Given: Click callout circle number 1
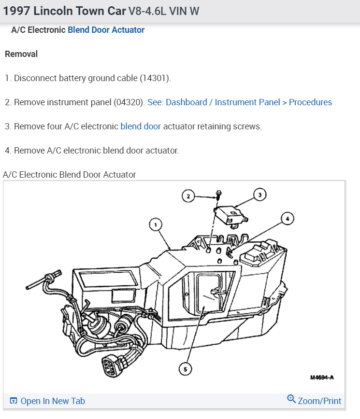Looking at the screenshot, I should coord(155,224).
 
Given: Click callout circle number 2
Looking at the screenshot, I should coord(188,196).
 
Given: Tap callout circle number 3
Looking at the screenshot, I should coord(259,195).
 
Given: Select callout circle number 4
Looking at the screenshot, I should coord(287,219).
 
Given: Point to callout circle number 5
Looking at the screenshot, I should coord(184,369).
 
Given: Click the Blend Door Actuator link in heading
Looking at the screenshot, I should coord(106,30).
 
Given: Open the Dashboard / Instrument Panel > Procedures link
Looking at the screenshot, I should coord(240,102).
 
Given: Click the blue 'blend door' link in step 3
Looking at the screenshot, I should coord(141,126).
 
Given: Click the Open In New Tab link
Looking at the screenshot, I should coord(53,401).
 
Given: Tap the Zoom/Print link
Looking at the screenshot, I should coord(319,401).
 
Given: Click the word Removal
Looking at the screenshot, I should coord(21,54).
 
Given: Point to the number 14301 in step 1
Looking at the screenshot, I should coord(155,78).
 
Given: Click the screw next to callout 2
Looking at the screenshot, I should coord(218,195).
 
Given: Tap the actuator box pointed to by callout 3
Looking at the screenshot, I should coord(231,213).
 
